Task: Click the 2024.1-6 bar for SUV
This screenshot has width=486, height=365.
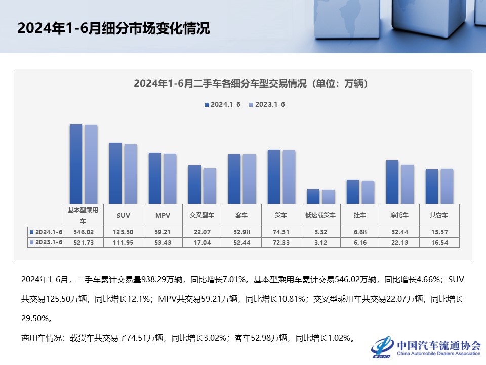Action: point(115,173)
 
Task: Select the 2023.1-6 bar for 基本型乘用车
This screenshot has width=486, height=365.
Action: point(91,164)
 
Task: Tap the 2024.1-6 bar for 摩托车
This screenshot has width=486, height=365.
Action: point(392,182)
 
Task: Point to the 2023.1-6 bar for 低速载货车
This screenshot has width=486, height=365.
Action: point(329,197)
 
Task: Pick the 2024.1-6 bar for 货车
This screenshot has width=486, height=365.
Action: point(274,176)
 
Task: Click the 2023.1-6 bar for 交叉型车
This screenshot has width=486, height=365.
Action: point(210,186)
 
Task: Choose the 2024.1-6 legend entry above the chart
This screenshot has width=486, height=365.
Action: point(222,105)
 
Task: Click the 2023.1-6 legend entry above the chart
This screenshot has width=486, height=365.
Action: point(267,105)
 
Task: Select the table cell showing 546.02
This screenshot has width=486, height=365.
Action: point(84,232)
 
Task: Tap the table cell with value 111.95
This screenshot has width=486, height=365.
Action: point(123,242)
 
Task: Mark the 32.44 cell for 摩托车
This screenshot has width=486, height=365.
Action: point(400,232)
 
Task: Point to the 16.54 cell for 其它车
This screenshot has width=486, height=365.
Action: point(439,242)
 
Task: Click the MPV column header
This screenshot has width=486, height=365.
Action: point(163,215)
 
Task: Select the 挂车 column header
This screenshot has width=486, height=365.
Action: point(360,215)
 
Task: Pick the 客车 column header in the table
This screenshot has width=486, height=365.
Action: point(242,215)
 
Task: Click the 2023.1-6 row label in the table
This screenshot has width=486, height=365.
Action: point(46,242)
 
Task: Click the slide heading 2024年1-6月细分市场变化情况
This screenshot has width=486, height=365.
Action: point(113,28)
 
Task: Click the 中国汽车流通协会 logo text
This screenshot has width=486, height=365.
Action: point(438,346)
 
